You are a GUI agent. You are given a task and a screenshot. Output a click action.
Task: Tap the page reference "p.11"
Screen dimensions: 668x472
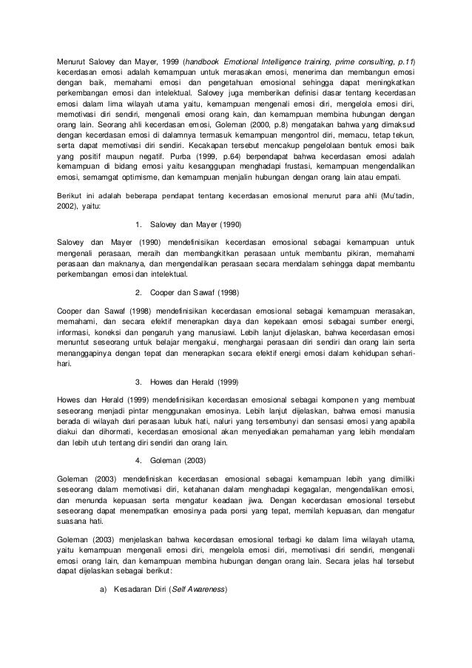(x=405, y=61)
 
